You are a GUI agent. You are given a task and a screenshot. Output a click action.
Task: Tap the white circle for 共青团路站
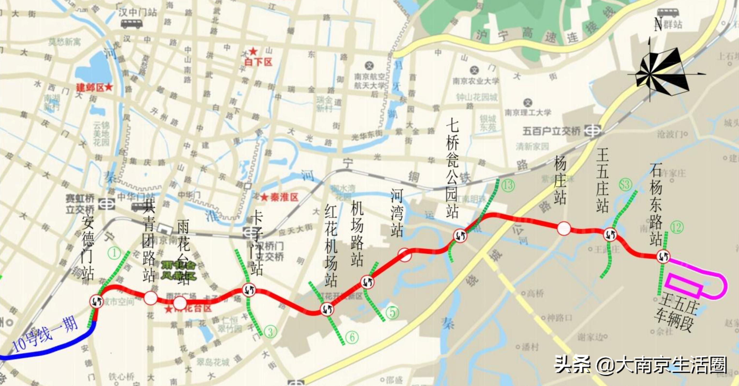150,298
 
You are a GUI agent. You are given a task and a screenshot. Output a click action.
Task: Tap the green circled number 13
508,185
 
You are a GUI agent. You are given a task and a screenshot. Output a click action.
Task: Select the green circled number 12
676,228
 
